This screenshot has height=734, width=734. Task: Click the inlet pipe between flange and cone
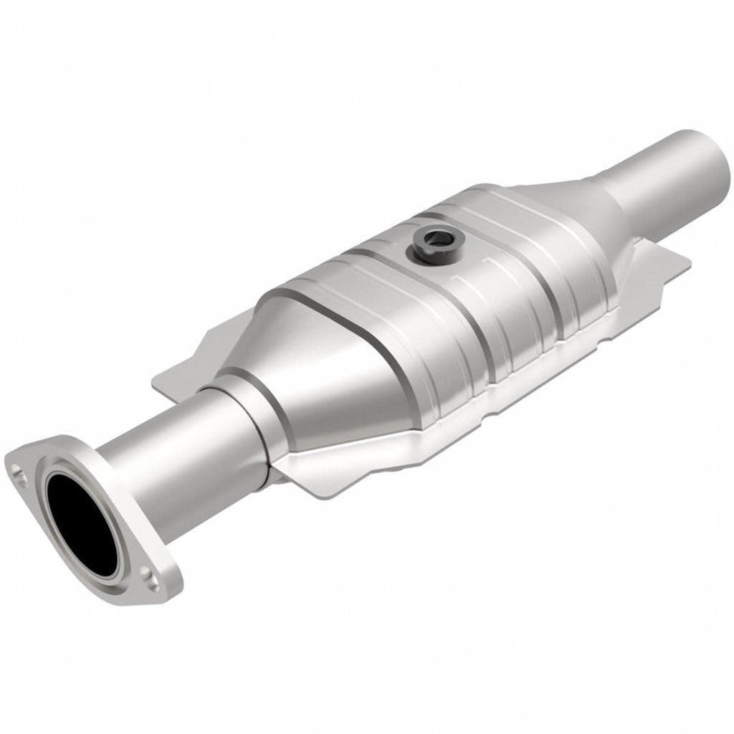[x=172, y=459]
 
